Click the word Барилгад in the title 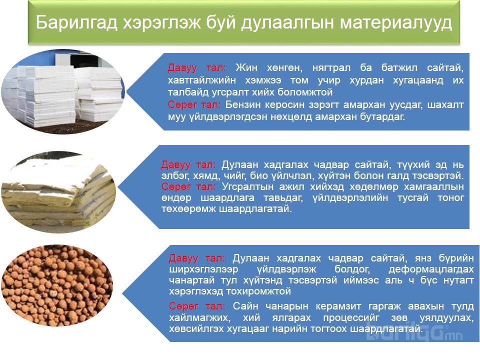(76, 22)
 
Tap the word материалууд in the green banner (396, 23)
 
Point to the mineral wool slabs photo (59, 192)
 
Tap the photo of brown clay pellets (57, 285)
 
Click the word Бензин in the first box (243, 104)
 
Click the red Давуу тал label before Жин (197, 67)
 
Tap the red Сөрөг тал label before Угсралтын (188, 186)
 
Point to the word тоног (450, 198)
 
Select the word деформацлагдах (431, 269)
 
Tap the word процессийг (351, 318)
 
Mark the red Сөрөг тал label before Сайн (197, 306)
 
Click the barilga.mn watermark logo (414, 333)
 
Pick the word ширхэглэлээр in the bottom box (203, 269)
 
